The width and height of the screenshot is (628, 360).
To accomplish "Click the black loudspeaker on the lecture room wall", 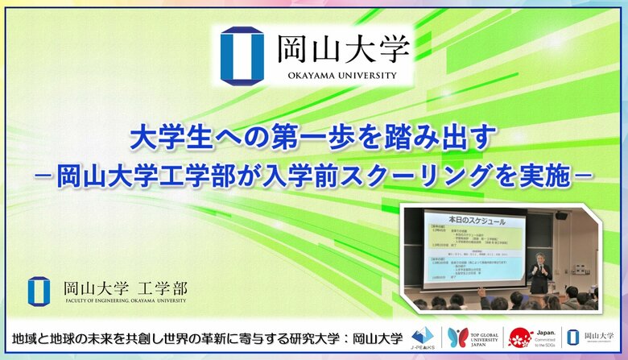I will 561,215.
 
